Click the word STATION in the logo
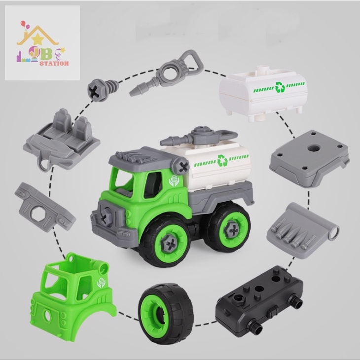54,63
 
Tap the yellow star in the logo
37,39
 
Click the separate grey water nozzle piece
167,73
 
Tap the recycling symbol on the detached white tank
280,87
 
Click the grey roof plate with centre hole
309,159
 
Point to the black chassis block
259,301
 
